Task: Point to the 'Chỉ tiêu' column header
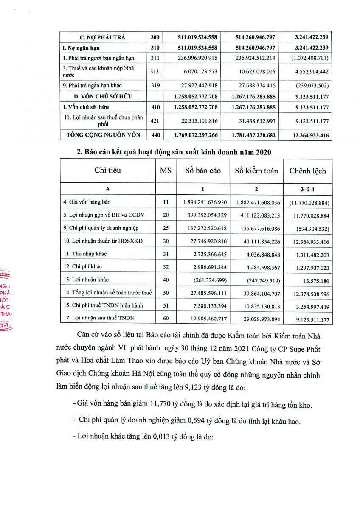107,171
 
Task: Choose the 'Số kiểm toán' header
256,171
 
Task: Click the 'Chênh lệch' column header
308,171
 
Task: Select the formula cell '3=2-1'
308,189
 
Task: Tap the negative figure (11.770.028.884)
308,202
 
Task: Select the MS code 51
166,305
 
